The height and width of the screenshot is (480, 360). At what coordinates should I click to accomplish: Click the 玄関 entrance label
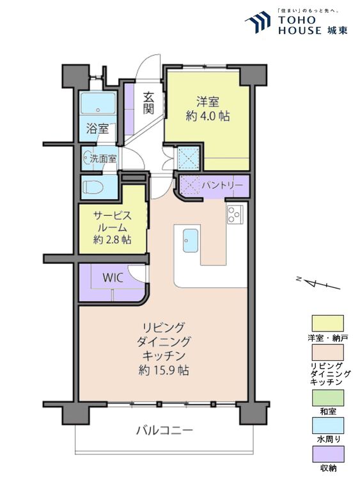pos(148,102)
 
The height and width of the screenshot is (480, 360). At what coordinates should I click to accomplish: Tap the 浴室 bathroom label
pos(97,129)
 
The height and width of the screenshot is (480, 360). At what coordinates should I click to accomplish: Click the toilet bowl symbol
pos(93,187)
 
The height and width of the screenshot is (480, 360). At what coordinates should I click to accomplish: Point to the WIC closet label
pos(113,278)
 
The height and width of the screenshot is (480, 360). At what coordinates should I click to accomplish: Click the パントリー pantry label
pos(222,185)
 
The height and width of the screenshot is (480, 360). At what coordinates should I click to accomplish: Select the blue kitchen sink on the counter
pos(191,241)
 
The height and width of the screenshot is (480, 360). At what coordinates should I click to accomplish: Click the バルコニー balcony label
pos(164,431)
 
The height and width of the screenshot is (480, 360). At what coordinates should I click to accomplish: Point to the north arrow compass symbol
pos(318,284)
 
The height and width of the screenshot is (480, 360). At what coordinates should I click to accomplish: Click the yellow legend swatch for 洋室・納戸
pos(327,323)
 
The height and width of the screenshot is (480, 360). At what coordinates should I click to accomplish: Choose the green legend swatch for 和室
pos(327,397)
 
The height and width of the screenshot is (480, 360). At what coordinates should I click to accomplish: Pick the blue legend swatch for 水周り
pos(327,426)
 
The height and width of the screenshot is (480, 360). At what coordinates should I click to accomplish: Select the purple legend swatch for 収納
pos(327,454)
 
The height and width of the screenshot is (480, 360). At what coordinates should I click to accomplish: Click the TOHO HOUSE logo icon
pos(258,22)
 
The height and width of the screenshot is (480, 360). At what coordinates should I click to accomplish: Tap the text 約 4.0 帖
pos(208,116)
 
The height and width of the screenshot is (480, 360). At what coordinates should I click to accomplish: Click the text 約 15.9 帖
pos(164,371)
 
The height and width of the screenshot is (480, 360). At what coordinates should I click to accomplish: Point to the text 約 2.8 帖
pos(113,239)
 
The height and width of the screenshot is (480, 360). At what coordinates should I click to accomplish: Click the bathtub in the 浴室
pos(98,103)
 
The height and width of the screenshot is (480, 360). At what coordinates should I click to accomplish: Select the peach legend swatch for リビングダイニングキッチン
pos(327,353)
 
